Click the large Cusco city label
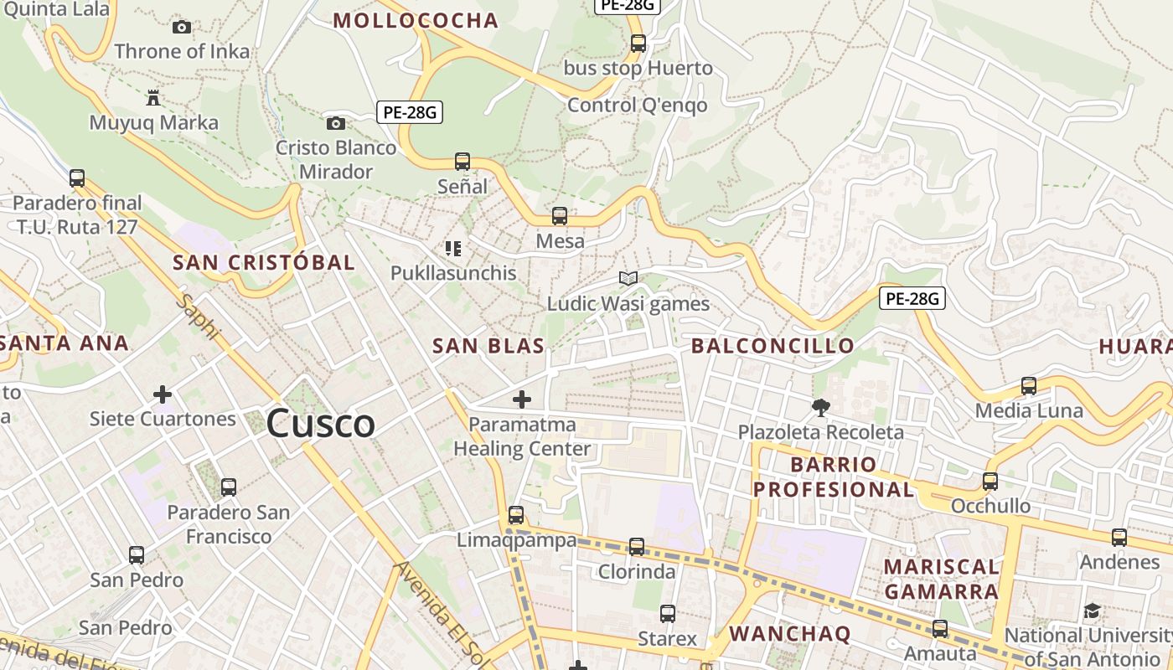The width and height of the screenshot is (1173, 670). point(320,423)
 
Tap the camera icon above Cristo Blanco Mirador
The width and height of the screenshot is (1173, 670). point(335,124)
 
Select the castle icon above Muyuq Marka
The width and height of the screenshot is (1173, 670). point(152,98)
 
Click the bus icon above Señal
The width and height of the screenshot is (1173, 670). point(462,162)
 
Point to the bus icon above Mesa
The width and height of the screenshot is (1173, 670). point(560,216)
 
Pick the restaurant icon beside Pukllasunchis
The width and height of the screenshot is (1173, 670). point(453,248)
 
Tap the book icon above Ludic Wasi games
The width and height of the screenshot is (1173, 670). point(628,278)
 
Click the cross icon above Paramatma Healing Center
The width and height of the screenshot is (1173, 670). point(521,399)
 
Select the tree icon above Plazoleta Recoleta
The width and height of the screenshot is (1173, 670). point(820,408)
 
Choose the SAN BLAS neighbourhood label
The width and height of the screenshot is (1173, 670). point(488,345)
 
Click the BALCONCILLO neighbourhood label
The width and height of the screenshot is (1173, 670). point(773,345)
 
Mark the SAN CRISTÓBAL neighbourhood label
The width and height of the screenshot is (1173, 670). point(264,262)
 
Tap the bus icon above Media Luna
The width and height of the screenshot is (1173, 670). point(1029,386)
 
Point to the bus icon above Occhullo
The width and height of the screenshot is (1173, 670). point(990,482)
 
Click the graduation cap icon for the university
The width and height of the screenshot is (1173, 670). point(1092,611)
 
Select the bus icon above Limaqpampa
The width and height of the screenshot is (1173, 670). point(516,515)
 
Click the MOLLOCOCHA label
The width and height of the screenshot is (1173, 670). point(416,21)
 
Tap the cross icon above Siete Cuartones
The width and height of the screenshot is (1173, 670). point(163,394)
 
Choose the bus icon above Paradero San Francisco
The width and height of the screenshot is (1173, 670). point(228,487)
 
